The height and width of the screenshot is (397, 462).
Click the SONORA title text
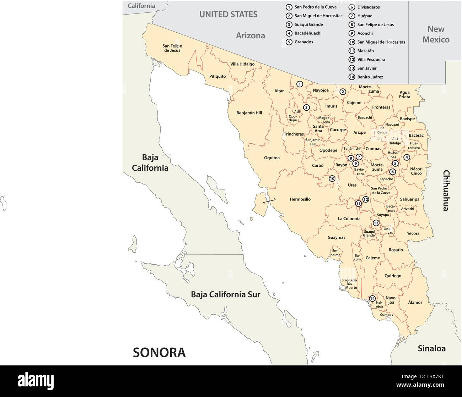tap(159, 352)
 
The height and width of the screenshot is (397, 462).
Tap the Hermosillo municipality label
tap(300, 199)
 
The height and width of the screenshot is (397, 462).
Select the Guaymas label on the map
tap(336, 237)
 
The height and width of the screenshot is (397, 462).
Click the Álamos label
tap(415, 302)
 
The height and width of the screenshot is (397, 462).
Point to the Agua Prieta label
tap(404, 95)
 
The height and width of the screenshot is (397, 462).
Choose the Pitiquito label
tap(217, 76)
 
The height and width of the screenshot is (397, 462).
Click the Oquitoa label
tap(272, 158)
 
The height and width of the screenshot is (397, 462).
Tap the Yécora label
tap(413, 233)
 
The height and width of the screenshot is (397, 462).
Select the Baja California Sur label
tap(225, 294)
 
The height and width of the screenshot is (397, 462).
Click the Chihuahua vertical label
tap(446, 191)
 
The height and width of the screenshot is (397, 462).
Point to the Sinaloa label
tap(431, 348)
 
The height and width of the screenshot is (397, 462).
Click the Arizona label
tap(251, 35)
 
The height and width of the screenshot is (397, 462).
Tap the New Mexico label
tap(436, 34)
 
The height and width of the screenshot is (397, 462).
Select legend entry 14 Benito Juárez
tap(370, 77)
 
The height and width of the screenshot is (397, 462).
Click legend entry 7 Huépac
tap(364, 16)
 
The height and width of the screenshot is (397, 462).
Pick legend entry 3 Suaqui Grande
tap(308, 24)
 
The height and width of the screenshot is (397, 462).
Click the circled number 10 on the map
tap(332, 179)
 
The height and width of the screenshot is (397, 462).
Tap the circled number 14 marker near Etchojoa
tap(372, 299)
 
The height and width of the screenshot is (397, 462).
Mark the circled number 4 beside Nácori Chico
tap(407, 157)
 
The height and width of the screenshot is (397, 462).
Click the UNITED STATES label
tap(228, 15)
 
